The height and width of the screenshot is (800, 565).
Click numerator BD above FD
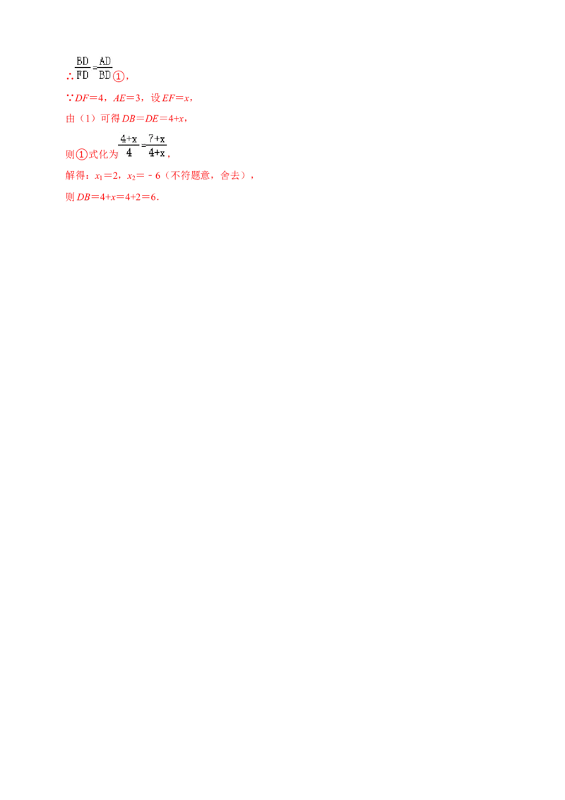pos(83,61)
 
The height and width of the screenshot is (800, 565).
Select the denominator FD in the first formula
pos(83,73)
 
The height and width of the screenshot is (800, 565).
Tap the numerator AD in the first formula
pos(105,61)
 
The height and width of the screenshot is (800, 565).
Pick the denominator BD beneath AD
pos(105,73)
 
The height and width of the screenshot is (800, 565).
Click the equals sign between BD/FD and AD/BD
pos(94,68)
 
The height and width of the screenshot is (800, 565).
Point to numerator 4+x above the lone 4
pos(129,139)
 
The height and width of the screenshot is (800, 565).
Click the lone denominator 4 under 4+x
pos(129,152)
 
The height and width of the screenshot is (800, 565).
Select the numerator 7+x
pos(157,139)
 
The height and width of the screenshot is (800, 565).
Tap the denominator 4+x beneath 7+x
pos(157,152)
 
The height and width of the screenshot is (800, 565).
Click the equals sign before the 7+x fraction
pos(143,146)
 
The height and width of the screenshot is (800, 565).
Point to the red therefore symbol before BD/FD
pos(69,75)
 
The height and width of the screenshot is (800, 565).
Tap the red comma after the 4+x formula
pos(172,155)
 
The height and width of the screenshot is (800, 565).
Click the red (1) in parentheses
pos(78,119)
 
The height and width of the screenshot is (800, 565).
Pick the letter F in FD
pos(78,73)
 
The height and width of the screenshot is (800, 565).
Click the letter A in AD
pos(101,61)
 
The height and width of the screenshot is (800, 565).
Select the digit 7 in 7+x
pos(151,139)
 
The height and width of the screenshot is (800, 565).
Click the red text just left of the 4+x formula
pos(89,153)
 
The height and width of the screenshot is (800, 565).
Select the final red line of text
pos(113,199)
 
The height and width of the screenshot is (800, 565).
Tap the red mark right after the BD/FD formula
pos(119,74)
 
